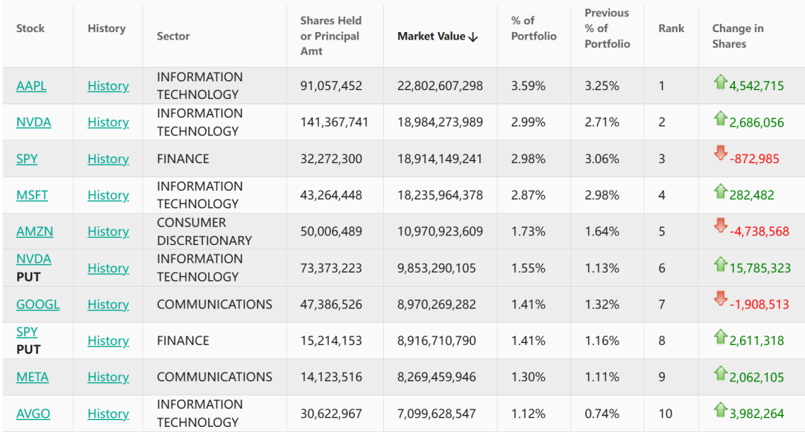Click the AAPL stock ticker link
pos(31,86)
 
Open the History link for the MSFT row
pos(108,195)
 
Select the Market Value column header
pos(431,36)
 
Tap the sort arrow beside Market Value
pos(473,36)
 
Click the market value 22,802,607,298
pos(440,86)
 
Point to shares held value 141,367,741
pos(334,122)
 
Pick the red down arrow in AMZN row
pos(720,225)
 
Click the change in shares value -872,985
pos(754,159)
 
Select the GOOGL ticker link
pos(38,304)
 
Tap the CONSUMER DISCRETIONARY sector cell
pos(204,232)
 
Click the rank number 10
pos(665,413)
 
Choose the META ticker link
pos(32,377)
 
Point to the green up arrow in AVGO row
pos(720,409)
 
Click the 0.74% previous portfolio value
pos(602,413)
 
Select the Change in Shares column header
pos(738,36)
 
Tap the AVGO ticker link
pos(34,413)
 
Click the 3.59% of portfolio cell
pos(528,86)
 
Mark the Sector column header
pos(173,36)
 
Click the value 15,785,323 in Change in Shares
pos(760,268)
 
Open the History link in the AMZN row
pos(108,232)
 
